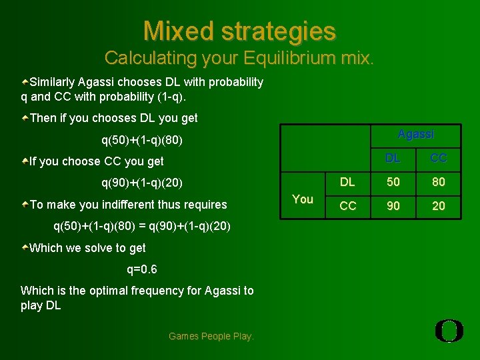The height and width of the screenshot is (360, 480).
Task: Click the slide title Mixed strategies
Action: (x=239, y=31)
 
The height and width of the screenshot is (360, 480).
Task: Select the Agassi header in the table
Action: (x=415, y=134)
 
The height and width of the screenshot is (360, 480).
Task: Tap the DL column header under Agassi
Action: (x=394, y=158)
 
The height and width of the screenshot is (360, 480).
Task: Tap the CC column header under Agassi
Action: (x=438, y=158)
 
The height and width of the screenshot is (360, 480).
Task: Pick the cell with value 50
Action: (x=394, y=182)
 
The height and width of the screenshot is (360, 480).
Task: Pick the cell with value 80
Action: (x=438, y=182)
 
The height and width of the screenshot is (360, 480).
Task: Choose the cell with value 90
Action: (x=394, y=206)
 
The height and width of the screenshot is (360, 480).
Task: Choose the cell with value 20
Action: (x=438, y=206)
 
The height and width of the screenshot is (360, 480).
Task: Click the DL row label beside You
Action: (x=347, y=182)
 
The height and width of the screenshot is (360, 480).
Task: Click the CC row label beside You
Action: (x=347, y=206)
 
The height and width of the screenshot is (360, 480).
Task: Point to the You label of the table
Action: (x=303, y=199)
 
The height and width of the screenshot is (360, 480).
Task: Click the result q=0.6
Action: (x=142, y=269)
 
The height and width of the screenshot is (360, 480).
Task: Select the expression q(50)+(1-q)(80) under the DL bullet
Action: (x=142, y=140)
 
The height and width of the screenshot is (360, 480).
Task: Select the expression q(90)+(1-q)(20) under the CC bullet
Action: (x=142, y=183)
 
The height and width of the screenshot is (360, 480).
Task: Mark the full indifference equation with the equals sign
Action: (x=142, y=226)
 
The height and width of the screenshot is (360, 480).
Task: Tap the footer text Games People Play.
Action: (x=211, y=336)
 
